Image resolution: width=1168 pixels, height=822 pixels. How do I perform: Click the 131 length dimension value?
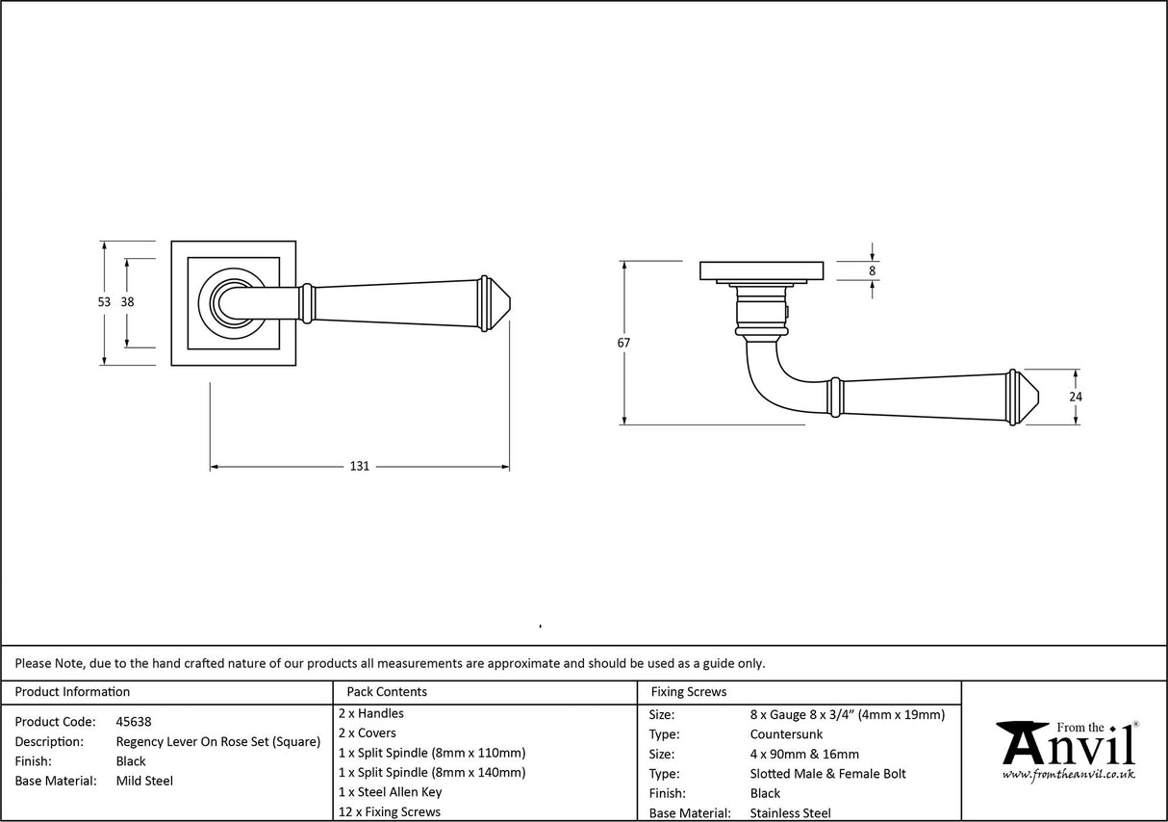tap(359, 467)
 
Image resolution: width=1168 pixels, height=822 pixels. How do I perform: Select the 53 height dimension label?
tap(104, 302)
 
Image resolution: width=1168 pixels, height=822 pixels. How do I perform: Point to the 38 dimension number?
tap(127, 302)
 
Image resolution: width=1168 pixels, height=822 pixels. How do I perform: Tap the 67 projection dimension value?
tap(624, 342)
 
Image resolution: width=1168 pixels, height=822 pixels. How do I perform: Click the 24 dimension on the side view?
tap(1076, 396)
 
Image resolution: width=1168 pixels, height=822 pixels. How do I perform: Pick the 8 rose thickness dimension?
tap(873, 270)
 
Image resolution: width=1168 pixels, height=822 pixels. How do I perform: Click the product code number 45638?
tap(133, 722)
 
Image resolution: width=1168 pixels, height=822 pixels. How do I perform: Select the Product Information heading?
tap(72, 691)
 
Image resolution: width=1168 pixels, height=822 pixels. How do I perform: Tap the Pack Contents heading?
tap(387, 691)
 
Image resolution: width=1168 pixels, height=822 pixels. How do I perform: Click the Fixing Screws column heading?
tap(689, 691)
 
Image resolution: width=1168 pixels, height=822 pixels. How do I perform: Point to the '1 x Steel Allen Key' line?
tap(391, 792)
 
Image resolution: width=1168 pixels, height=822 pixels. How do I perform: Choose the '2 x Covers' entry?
tap(368, 732)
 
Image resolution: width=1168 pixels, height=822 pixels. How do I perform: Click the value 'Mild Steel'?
tap(144, 781)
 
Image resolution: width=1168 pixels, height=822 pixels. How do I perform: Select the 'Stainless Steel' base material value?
tap(790, 813)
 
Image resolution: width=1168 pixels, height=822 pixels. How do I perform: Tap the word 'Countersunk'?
tap(786, 734)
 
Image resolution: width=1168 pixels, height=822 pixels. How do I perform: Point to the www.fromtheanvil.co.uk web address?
tap(1068, 774)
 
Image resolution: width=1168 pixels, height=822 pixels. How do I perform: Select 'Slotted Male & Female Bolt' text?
tap(827, 774)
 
